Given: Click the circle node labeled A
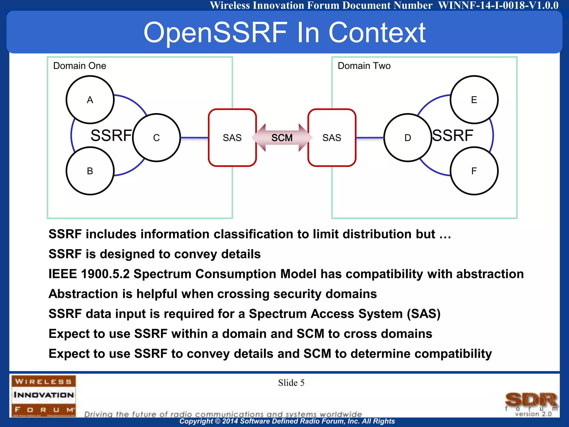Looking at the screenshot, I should [x=90, y=100].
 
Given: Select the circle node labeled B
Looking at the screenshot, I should [x=90, y=171].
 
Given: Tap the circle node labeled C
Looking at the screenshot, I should [x=156, y=138].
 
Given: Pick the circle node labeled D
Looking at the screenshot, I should [x=408, y=138].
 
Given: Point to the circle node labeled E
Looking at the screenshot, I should [x=474, y=100].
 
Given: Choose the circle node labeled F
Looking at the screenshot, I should [x=474, y=171].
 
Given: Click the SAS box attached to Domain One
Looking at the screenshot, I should [x=232, y=138].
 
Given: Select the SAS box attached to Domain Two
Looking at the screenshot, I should [x=332, y=138].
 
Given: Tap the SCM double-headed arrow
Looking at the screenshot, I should [x=282, y=138].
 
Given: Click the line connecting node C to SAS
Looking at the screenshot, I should [x=194, y=138].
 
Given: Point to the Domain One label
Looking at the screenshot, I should [x=79, y=66].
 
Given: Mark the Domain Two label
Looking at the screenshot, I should [x=364, y=66].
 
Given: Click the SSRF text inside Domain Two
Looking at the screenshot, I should [x=453, y=135].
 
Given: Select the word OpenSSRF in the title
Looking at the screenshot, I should [x=216, y=33].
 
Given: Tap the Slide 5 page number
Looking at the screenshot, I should [x=291, y=383].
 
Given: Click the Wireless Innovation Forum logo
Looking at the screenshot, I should [x=44, y=395].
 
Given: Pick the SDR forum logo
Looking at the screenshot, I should [x=531, y=403].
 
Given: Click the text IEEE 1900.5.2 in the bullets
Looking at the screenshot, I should [x=89, y=274].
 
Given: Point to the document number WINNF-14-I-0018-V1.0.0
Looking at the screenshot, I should [x=498, y=5].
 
